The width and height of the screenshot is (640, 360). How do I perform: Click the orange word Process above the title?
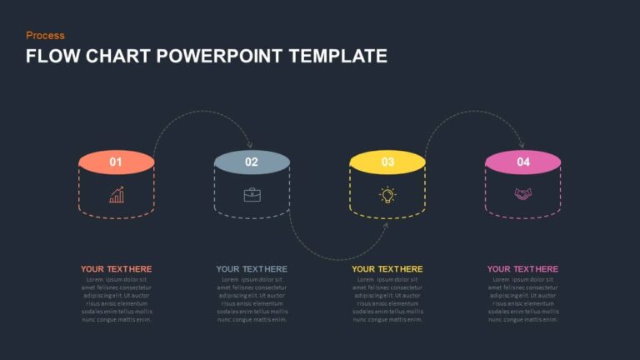click(45, 35)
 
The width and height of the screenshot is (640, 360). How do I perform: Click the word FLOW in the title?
click(48, 57)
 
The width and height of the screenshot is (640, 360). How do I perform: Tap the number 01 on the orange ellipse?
click(116, 162)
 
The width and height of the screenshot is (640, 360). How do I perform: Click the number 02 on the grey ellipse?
click(252, 162)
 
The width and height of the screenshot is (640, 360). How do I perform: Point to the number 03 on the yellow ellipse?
click(387, 162)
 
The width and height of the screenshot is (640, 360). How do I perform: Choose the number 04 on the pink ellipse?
click(523, 162)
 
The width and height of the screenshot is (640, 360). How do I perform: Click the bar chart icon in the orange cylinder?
click(117, 195)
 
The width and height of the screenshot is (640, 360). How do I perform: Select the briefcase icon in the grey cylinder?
click(252, 195)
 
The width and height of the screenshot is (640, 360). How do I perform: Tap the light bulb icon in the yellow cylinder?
click(387, 195)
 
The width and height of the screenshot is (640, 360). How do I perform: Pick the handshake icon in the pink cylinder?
click(523, 195)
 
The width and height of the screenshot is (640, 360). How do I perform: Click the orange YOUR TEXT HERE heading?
click(117, 269)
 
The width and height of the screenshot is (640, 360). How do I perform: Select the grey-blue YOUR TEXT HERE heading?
click(252, 269)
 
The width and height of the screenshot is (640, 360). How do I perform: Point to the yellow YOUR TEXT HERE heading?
click(387, 269)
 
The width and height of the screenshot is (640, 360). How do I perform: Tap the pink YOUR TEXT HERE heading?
click(523, 269)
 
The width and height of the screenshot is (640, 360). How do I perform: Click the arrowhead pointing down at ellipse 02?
click(249, 145)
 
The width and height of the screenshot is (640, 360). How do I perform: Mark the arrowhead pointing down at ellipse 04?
click(522, 145)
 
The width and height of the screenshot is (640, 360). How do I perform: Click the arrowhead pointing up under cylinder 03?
click(386, 224)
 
